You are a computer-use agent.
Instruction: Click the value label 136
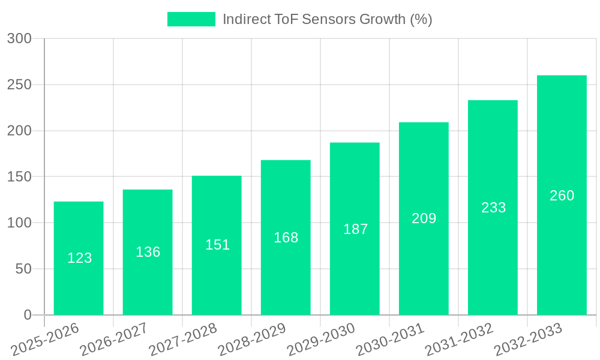pyautogui.click(x=148, y=252)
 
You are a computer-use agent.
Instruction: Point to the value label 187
pyautogui.click(x=355, y=229)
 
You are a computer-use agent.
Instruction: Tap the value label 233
pyautogui.click(x=493, y=208)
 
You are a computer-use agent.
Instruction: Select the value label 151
pyautogui.click(x=217, y=245)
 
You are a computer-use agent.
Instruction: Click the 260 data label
pyautogui.click(x=562, y=196)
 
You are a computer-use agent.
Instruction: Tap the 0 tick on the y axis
pyautogui.click(x=27, y=315)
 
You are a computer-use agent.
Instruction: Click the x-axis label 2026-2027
pyautogui.click(x=115, y=339)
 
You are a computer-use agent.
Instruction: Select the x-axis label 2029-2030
pyautogui.click(x=322, y=339)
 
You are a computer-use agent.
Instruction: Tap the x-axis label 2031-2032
pyautogui.click(x=460, y=339)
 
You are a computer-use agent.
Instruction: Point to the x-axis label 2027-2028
pyautogui.click(x=184, y=339)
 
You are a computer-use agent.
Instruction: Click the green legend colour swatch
pyautogui.click(x=191, y=19)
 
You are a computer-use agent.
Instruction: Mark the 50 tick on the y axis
pyautogui.click(x=23, y=269)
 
